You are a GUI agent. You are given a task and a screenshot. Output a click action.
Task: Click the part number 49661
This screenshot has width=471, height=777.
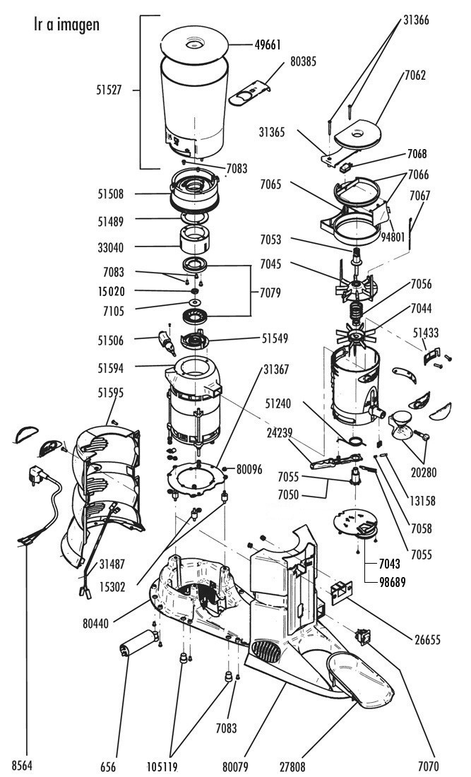pyautogui.click(x=268, y=45)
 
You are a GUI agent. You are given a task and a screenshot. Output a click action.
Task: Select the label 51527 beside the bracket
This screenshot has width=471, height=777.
pyautogui.click(x=109, y=90)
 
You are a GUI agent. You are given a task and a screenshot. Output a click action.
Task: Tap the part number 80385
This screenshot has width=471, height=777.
pyautogui.click(x=303, y=62)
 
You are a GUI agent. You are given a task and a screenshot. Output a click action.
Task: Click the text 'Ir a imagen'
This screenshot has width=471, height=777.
pyautogui.click(x=66, y=25)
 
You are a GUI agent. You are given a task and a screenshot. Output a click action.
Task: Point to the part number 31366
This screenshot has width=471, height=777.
pyautogui.click(x=416, y=20)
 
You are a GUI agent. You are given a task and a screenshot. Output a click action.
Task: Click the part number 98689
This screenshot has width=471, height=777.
pyautogui.click(x=392, y=582)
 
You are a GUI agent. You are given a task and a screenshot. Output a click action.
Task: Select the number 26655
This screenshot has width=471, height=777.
pyautogui.click(x=427, y=640)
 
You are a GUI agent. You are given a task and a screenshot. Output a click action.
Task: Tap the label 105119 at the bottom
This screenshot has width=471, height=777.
pyautogui.click(x=162, y=766)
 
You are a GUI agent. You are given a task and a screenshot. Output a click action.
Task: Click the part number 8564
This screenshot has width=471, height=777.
pyautogui.click(x=22, y=766)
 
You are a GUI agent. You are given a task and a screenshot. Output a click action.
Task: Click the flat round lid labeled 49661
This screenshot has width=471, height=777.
pyautogui.click(x=194, y=45)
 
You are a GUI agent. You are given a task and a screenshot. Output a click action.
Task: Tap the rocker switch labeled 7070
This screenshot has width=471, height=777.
pyautogui.click(x=363, y=636)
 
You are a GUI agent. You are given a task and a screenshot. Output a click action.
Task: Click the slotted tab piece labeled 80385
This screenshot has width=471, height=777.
pyautogui.click(x=249, y=93)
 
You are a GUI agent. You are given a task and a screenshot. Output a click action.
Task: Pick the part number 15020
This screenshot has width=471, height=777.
pyautogui.click(x=112, y=291)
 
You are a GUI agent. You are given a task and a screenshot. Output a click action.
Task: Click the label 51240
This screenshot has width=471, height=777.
pyautogui.click(x=278, y=404)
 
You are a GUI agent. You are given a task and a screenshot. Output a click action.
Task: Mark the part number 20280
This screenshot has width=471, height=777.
pyautogui.click(x=424, y=473)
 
